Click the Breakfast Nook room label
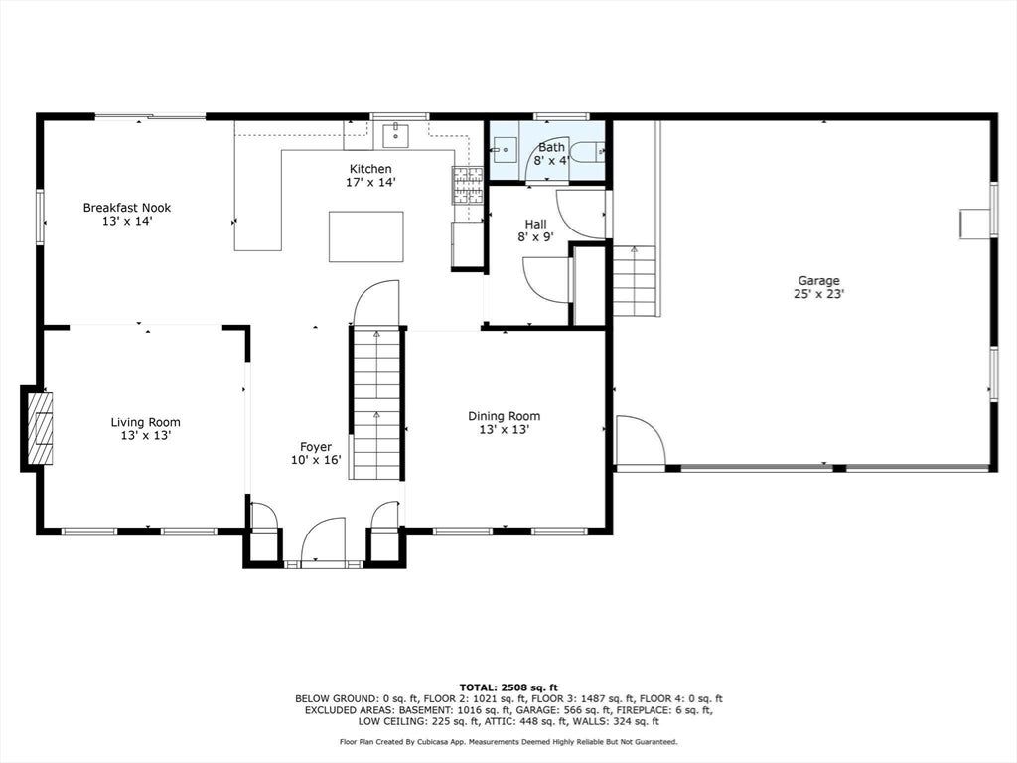coord(126,215)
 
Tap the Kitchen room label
coord(370,176)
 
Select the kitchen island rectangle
coord(365,236)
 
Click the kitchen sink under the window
coord(395,135)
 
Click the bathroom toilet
coord(593,152)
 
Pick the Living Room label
coord(145,429)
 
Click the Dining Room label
coord(504,423)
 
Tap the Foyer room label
coord(316,453)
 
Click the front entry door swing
coord(324,541)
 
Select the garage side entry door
coord(641,440)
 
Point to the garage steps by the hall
coord(635,281)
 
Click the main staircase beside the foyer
coord(376,403)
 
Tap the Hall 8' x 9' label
coord(535,230)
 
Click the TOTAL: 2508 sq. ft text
coord(508,687)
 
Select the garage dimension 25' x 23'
coord(818,294)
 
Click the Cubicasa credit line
coord(508,741)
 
